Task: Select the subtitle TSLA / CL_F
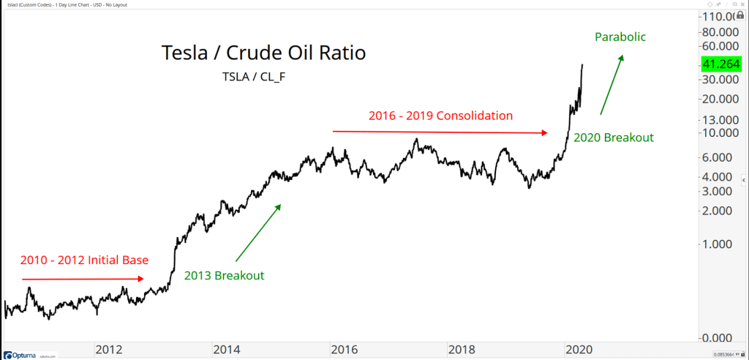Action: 252,76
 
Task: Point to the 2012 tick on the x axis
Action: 109,348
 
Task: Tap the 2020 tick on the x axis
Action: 578,348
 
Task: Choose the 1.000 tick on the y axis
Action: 720,244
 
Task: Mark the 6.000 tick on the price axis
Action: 720,157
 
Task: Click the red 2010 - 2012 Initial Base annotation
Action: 85,260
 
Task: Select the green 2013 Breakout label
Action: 224,276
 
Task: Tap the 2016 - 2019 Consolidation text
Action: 440,115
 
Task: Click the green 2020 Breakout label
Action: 613,137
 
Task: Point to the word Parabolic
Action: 620,37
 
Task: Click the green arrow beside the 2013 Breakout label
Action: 258,232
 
